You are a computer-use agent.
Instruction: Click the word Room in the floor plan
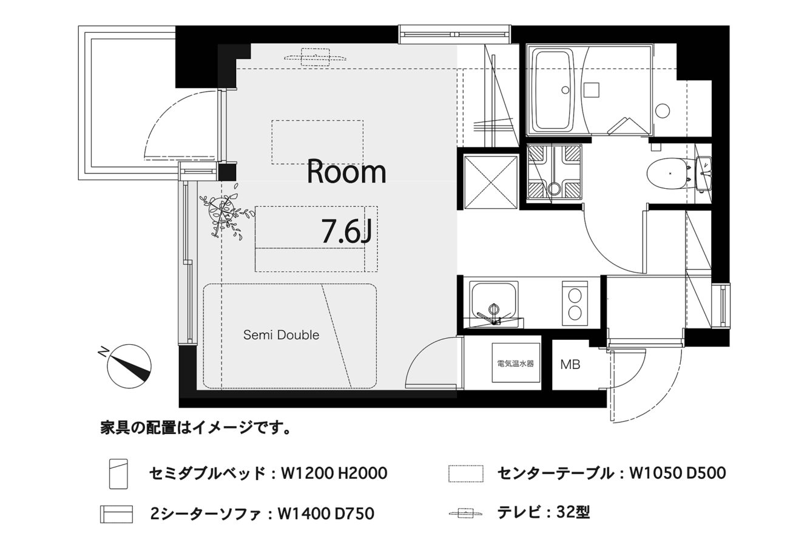coord(346,172)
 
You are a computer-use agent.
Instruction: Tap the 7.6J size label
coord(346,231)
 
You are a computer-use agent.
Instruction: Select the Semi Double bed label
coord(282,335)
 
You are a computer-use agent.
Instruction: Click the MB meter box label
coord(570,365)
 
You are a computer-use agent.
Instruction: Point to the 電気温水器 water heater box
coord(516,363)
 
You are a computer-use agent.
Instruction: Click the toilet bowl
coord(666,174)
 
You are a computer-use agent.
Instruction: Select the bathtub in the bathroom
coord(555,92)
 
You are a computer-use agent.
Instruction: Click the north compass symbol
coord(129,366)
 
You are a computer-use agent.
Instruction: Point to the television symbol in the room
coord(316,57)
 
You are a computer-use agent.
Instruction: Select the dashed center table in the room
coord(317,142)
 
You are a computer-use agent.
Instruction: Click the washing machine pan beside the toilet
coord(555,171)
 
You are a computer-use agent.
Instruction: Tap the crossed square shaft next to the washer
coord(491,182)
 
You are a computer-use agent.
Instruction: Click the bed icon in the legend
coord(118,474)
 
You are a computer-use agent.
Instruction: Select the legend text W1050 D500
coord(677,473)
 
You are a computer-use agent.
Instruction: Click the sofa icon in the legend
coord(116,514)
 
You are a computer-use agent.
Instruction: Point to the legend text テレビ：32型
coord(543,512)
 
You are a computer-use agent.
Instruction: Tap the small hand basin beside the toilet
coord(704,174)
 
